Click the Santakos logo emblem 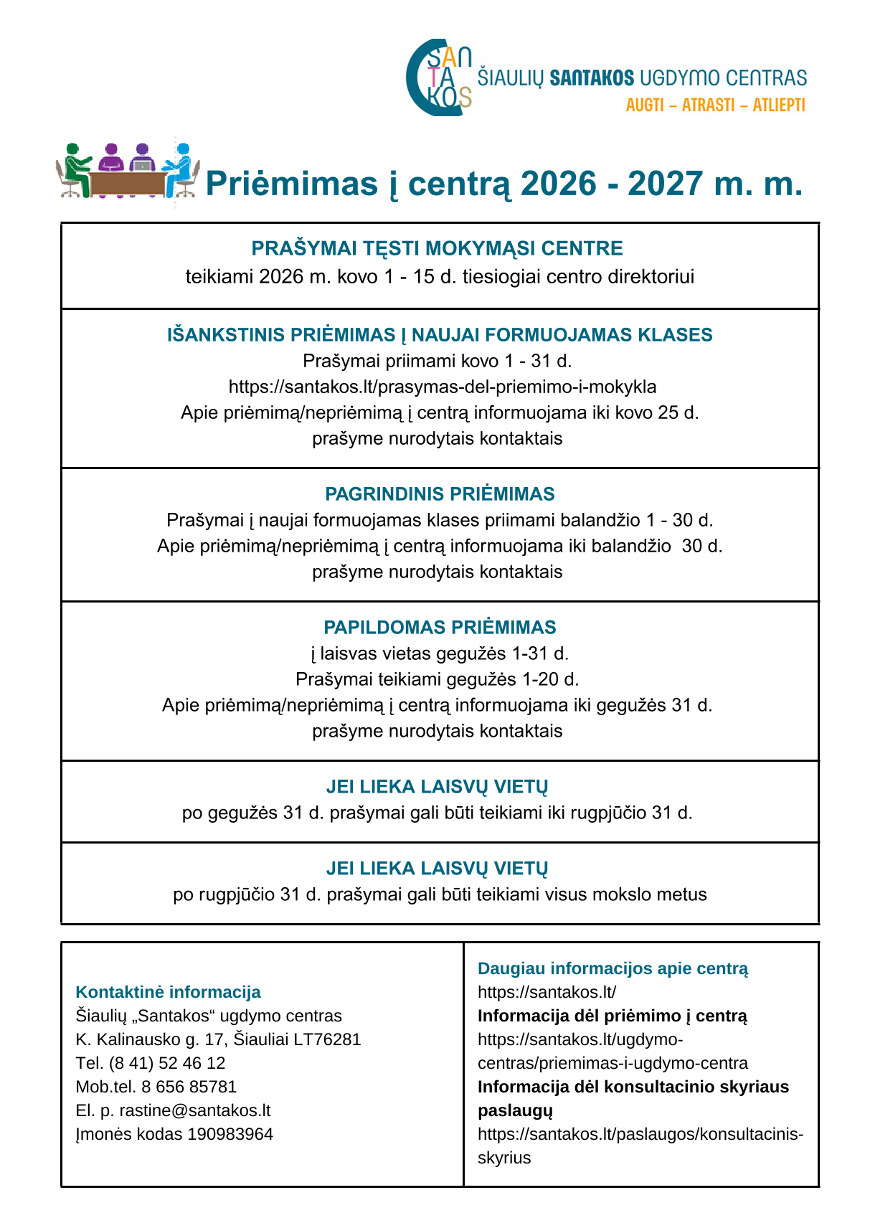438,77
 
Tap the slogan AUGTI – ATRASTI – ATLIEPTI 715,105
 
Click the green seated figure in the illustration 75,169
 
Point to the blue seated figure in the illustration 181,168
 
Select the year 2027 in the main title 663,184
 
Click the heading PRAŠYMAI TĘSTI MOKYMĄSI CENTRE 437,248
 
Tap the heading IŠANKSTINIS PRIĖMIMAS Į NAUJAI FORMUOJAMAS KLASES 440,335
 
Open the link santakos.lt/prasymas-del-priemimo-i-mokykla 443,387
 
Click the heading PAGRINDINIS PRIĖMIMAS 440,494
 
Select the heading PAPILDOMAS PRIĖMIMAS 440,627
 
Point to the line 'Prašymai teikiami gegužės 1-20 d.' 437,679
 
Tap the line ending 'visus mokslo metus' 440,894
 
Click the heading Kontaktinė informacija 168,992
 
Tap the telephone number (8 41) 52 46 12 166,1063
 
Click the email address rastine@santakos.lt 194,1110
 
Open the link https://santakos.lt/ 547,992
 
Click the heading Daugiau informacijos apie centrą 613,968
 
